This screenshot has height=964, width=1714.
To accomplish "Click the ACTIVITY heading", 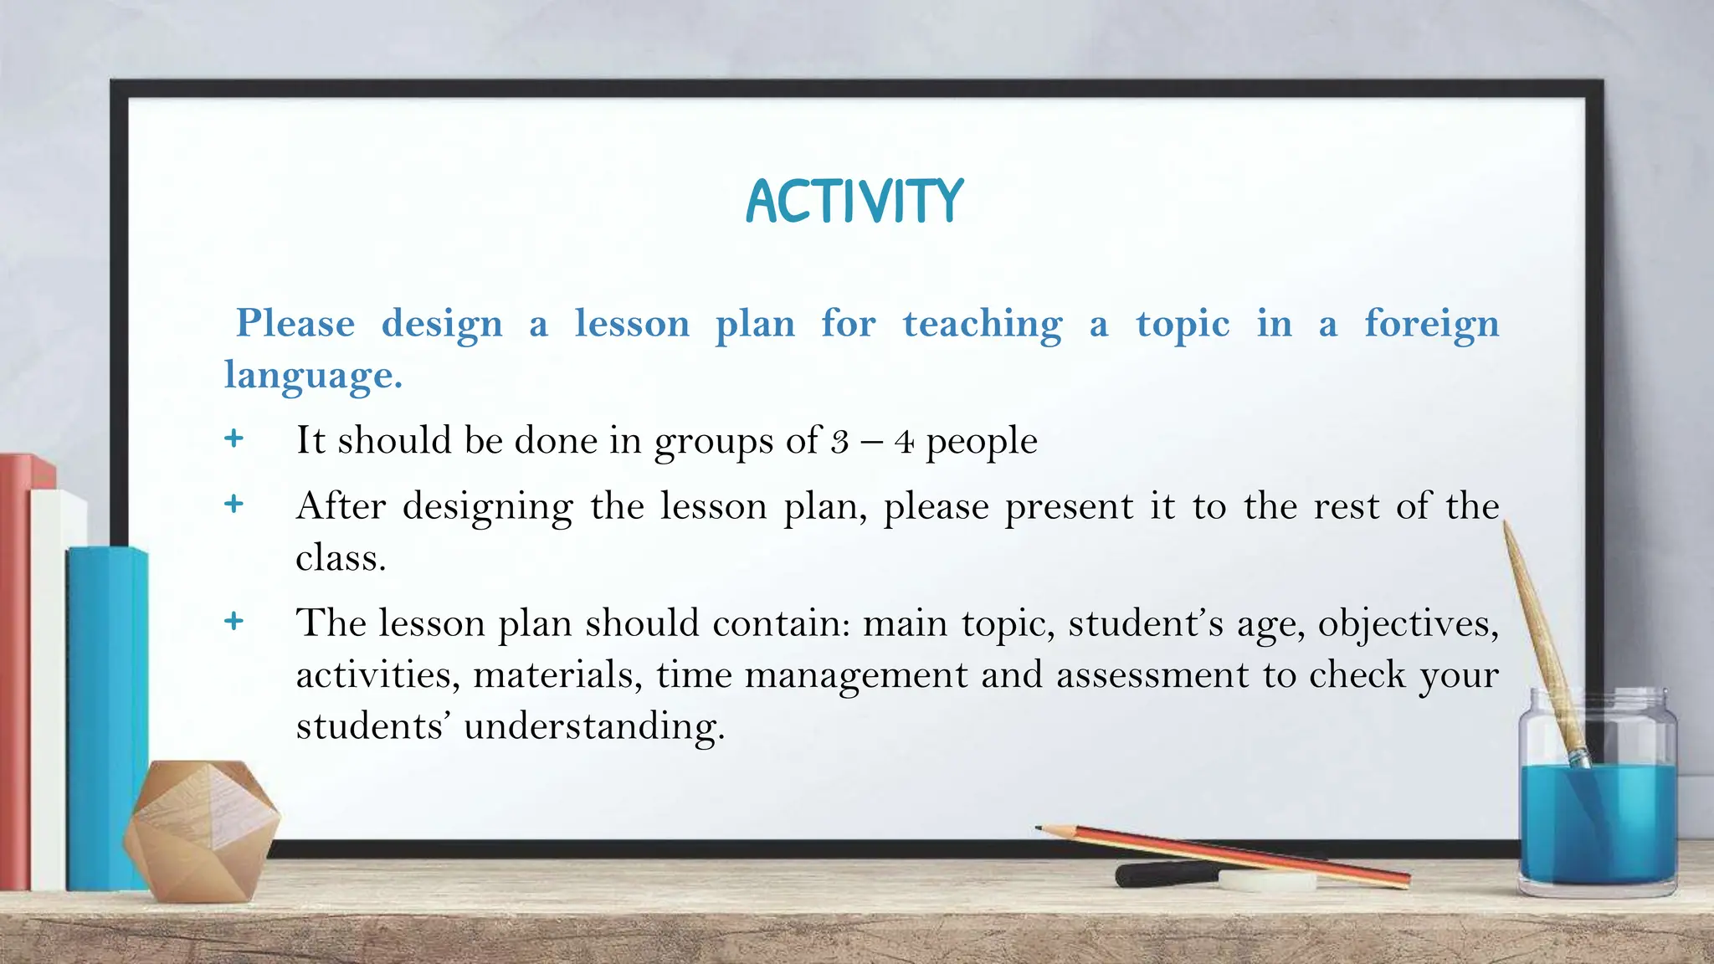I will point(854,202).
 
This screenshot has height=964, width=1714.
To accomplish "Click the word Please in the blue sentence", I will point(295,324).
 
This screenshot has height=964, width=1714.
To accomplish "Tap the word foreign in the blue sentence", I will point(1431,324).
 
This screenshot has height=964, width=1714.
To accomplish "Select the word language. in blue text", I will point(313,374).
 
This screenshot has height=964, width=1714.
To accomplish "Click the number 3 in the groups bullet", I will point(839,442).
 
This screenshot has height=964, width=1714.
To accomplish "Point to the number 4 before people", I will point(904,442).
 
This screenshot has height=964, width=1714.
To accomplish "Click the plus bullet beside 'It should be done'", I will point(234,438).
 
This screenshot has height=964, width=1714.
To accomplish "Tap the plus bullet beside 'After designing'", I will point(234,504).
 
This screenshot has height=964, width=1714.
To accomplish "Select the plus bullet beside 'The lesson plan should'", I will point(234,621).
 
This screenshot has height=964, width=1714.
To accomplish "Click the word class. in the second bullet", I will point(341,557).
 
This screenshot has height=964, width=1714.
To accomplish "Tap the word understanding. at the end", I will point(594,726).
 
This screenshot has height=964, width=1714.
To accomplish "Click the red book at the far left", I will point(15,669).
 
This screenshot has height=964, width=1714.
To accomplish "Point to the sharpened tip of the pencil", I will point(1040,828).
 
